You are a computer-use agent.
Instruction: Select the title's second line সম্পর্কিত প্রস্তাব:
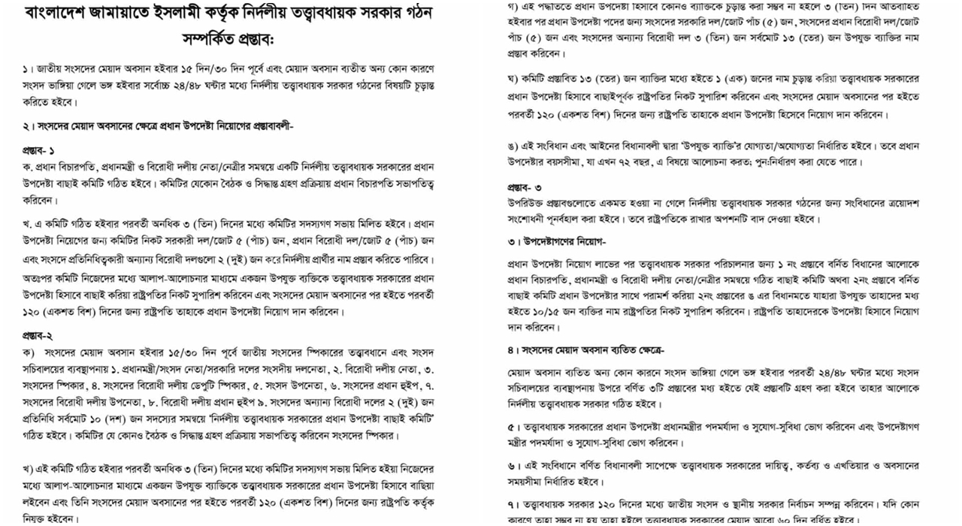click(228, 38)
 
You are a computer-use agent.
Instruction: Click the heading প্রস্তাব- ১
click(38, 150)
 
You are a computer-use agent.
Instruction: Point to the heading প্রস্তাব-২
click(38, 335)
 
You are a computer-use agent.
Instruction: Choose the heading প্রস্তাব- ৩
click(524, 186)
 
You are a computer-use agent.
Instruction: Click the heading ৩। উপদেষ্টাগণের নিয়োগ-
click(556, 241)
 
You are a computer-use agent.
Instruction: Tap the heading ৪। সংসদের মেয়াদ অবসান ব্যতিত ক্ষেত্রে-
click(585, 350)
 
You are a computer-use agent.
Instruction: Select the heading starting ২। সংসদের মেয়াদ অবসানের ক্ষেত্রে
click(158, 126)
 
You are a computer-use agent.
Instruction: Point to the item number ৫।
click(511, 426)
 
